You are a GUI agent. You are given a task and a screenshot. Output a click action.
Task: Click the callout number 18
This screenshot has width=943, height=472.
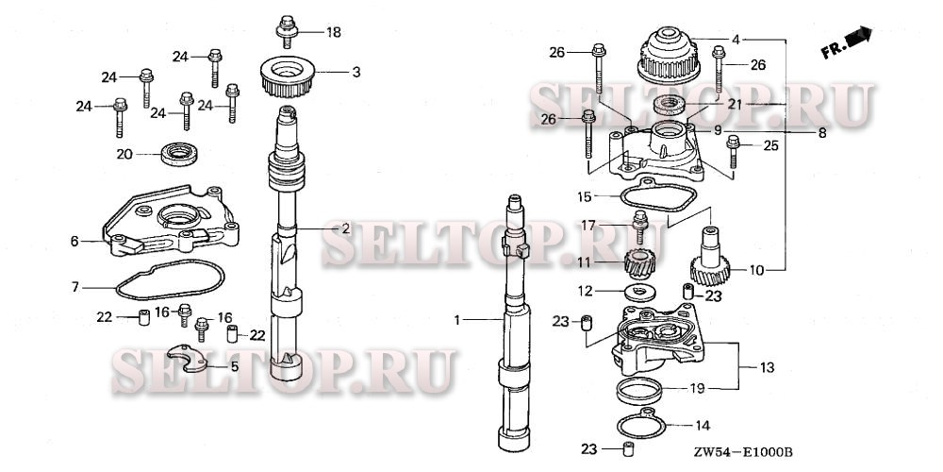coord(333,32)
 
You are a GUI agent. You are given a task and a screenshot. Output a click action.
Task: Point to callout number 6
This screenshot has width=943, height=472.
coord(74,242)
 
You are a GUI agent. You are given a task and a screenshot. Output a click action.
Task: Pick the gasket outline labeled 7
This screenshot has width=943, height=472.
coord(170,280)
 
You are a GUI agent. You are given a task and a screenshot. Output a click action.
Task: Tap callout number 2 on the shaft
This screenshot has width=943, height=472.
coord(346,228)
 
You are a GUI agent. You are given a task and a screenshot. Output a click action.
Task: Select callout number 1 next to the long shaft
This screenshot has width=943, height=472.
coord(457,321)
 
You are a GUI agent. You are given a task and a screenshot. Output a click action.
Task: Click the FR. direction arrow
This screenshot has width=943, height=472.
coord(845,43)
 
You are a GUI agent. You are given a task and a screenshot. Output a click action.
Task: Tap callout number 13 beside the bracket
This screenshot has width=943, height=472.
coord(765,365)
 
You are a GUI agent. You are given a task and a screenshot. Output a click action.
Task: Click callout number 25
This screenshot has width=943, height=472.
coord(770,144)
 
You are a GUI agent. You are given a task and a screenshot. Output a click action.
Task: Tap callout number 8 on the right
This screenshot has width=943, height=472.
coord(822,134)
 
